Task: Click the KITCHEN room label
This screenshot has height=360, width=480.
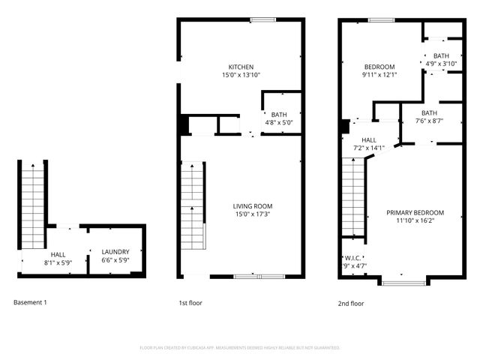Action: click(x=241, y=67)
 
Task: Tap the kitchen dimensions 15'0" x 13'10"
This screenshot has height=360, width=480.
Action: click(x=241, y=76)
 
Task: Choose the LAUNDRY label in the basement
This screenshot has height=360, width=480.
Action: click(x=115, y=252)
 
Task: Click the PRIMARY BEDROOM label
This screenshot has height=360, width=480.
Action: click(x=415, y=212)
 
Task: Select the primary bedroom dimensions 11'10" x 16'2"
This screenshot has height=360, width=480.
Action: click(x=415, y=221)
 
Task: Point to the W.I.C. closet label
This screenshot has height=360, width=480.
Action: click(x=352, y=257)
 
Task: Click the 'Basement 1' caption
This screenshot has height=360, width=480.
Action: click(x=30, y=303)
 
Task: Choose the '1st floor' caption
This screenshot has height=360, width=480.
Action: click(x=190, y=303)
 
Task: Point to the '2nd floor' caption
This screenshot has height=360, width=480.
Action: click(x=351, y=303)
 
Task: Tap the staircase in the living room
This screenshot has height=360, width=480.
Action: click(x=193, y=202)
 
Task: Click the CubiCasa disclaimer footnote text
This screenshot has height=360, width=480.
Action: click(x=240, y=348)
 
